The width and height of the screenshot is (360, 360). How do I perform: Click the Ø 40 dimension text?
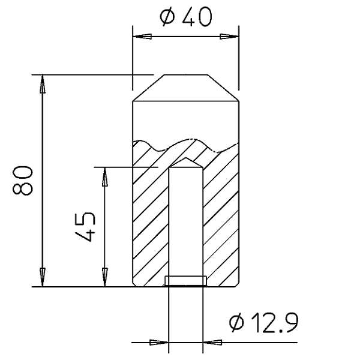coord(186,16)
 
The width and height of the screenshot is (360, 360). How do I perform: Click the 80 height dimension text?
coord(22,181)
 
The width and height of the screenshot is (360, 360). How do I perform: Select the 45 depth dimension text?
coord(85,227)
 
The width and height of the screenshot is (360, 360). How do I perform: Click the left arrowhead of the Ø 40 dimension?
coord(142,37)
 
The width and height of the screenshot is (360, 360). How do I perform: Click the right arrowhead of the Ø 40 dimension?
coord(229,37)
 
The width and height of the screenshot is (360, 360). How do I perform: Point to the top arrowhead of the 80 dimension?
coord(42,84)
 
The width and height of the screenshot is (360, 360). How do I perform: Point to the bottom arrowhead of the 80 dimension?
coord(42,277)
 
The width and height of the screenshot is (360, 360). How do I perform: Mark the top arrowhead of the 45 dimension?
coord(104,176)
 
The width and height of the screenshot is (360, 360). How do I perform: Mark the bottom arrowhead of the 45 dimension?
coord(104,277)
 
